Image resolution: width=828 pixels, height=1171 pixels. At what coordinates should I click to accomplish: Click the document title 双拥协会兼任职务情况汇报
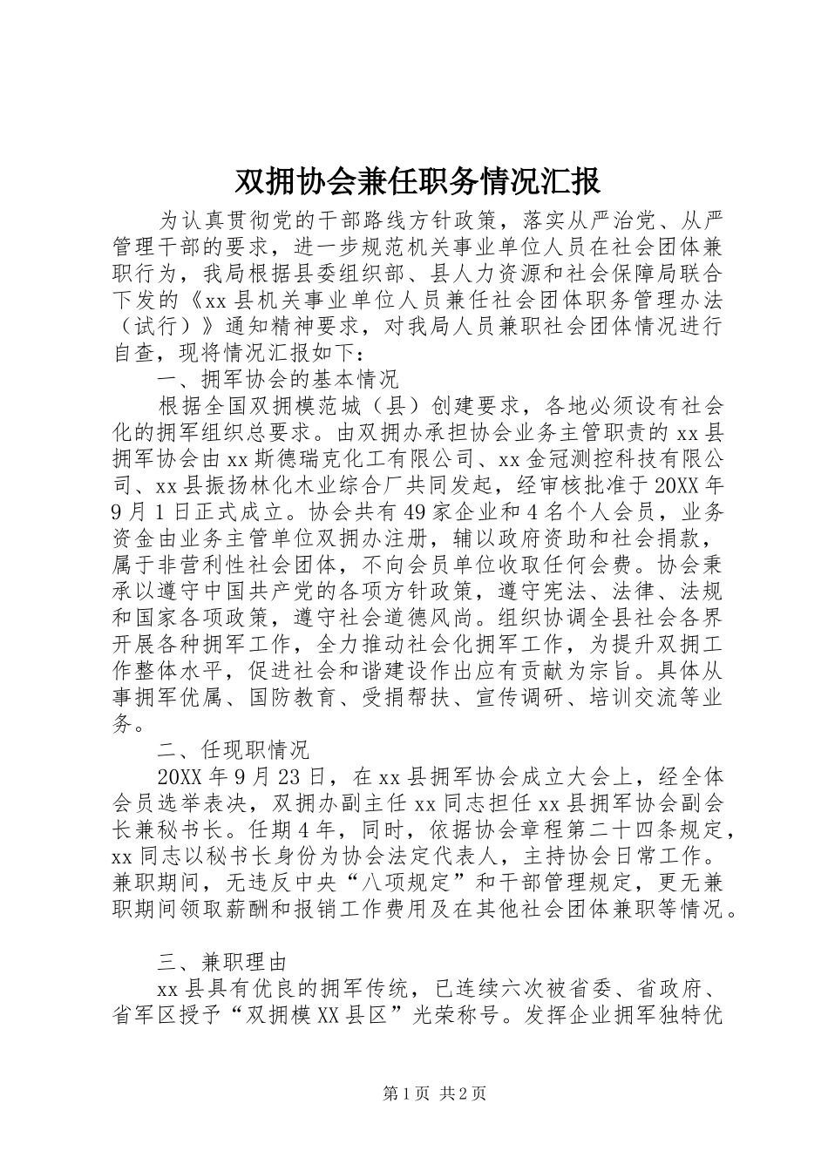[417, 181]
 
